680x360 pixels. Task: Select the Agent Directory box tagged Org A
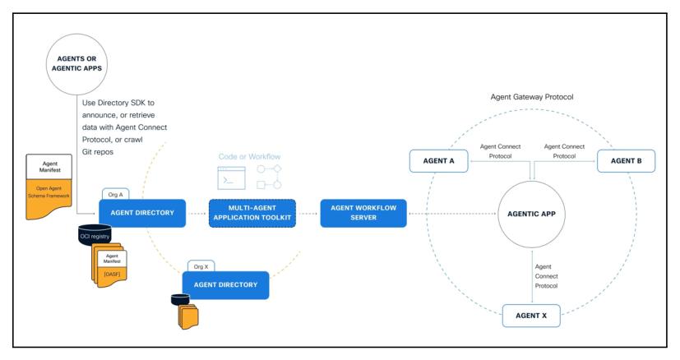[x=142, y=213]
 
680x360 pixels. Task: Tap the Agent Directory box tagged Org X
[x=225, y=285]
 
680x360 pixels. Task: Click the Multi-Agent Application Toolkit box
[x=252, y=213]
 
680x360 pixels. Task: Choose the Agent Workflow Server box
[x=363, y=213]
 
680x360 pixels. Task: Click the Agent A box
[x=439, y=161]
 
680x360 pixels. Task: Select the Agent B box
[x=627, y=161]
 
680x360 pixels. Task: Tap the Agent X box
[x=531, y=316]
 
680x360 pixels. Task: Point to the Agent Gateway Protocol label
[x=532, y=97]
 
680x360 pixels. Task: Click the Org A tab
[x=115, y=194]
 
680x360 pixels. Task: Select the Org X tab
[x=201, y=266]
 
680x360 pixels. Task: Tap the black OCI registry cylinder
[x=95, y=234]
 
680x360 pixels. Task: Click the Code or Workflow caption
[x=249, y=157]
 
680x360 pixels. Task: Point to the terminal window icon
[x=231, y=178]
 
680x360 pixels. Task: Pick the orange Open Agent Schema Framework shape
[x=49, y=199]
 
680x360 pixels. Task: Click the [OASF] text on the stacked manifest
[x=112, y=275]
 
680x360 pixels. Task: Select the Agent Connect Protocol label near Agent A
[x=500, y=151]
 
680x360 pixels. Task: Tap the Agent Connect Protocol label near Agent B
[x=564, y=151]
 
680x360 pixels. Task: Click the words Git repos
[x=98, y=152]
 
